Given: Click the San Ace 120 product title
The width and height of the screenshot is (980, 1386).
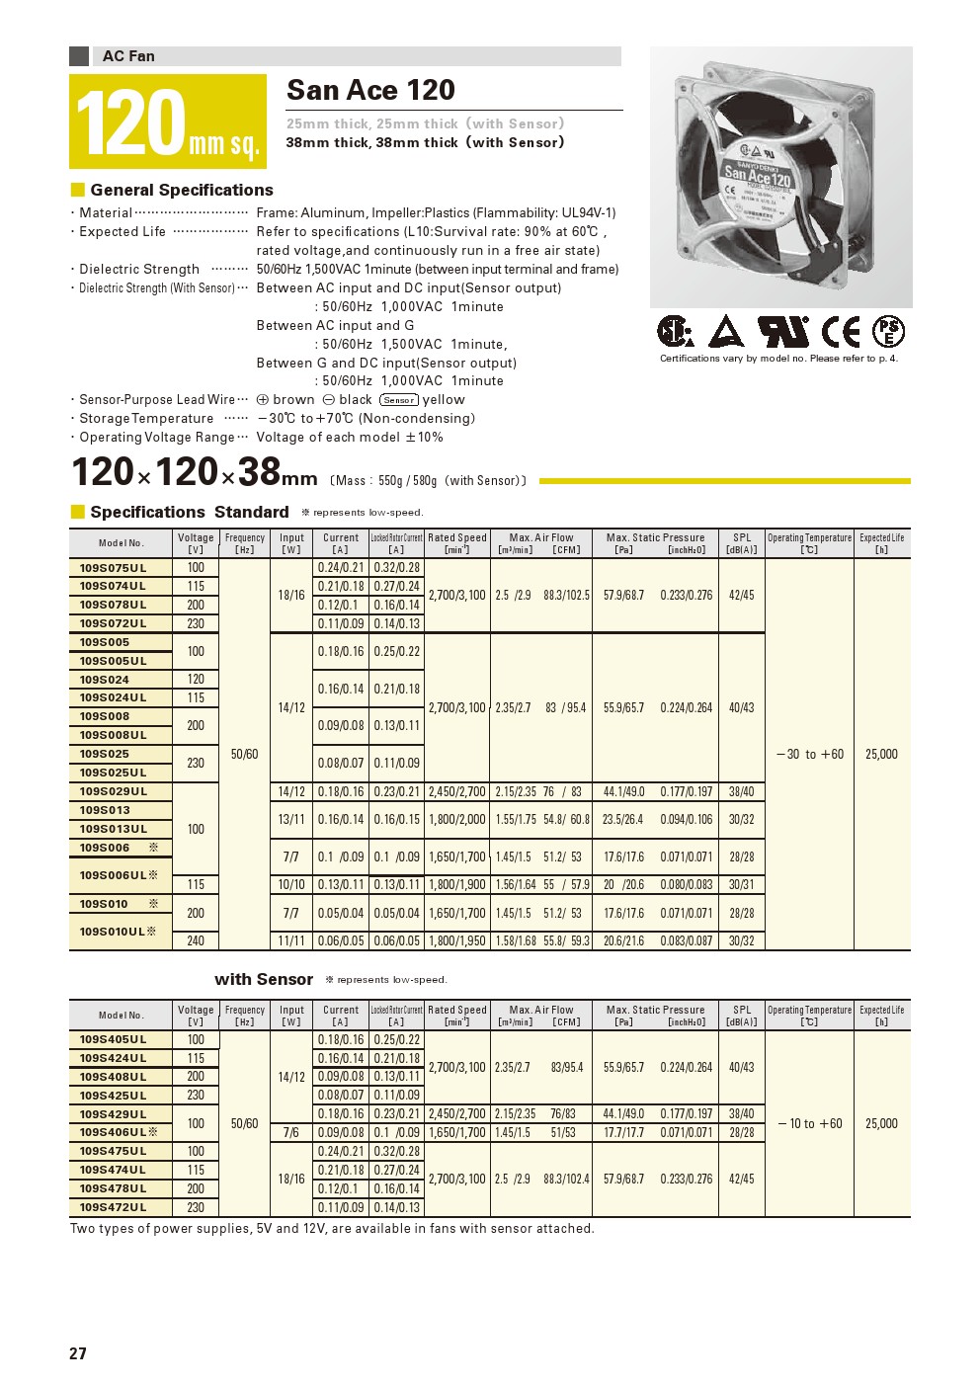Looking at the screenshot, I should (370, 90).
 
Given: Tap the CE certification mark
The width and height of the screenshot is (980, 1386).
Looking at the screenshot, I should (842, 332).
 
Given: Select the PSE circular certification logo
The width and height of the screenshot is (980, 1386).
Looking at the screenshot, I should (889, 332).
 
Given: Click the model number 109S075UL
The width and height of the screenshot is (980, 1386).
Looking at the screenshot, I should (113, 568).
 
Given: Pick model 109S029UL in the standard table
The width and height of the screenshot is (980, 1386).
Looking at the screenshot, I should (113, 791).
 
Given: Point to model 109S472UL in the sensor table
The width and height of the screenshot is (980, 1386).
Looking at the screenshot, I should (113, 1207).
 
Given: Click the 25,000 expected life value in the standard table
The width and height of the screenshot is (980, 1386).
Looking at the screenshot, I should (881, 754).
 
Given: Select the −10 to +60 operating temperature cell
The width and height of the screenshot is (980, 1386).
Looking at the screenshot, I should (810, 1123).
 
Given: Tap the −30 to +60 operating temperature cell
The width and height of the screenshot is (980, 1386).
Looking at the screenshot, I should (810, 754).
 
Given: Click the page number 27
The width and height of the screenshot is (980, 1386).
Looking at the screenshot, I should (78, 1353).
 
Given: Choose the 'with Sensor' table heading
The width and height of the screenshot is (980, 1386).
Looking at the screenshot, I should (264, 979).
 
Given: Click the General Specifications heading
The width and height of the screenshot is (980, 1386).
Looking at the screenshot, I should (182, 190).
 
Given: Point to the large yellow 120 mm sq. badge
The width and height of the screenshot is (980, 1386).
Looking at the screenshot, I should (168, 122).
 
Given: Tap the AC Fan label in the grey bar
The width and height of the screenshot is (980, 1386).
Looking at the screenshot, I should (128, 56).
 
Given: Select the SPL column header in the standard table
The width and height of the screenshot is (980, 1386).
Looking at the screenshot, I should (742, 543).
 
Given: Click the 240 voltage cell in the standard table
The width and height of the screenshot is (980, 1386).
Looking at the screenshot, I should (196, 940).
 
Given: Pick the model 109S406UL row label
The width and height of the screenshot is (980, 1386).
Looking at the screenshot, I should (113, 1132).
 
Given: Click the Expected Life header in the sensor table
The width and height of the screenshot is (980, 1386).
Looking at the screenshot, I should (881, 1015).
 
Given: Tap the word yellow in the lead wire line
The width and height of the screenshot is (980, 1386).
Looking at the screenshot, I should (444, 399).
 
